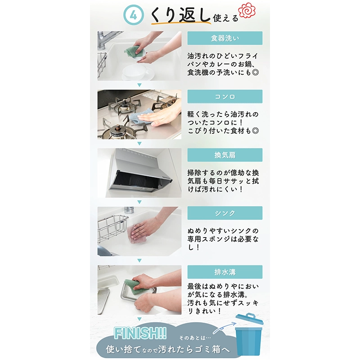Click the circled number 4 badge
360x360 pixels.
pyautogui.click(x=133, y=15)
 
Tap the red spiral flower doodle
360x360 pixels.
pyautogui.click(x=247, y=10)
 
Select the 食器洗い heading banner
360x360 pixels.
pyautogui.click(x=225, y=38)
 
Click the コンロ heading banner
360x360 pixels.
pyautogui.click(x=225, y=96)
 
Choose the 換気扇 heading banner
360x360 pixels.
pyautogui.click(x=225, y=155)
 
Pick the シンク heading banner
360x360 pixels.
pyautogui.click(x=225, y=213)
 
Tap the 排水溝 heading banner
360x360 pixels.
pyautogui.click(x=225, y=272)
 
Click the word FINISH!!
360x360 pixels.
pyautogui.click(x=140, y=333)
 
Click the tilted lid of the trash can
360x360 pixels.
pyautogui.click(x=249, y=319)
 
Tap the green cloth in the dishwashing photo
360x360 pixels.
pyautogui.click(x=131, y=52)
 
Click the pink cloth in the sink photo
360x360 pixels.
pyautogui.click(x=137, y=234)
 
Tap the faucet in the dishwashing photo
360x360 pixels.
pyautogui.click(x=104, y=40)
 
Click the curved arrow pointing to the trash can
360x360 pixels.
pyautogui.click(x=224, y=327)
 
